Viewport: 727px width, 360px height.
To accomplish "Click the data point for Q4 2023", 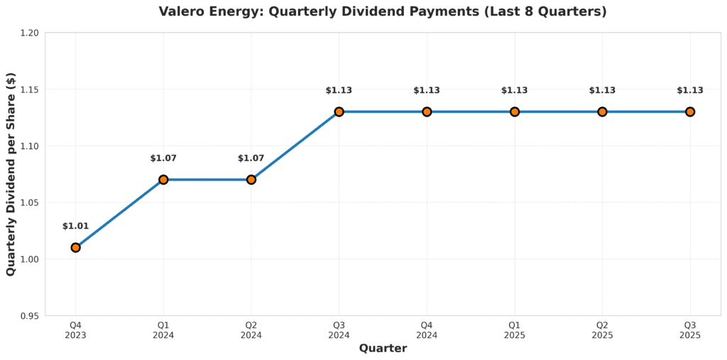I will tap(75, 247).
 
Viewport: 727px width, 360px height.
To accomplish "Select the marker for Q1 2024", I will tap(163, 180).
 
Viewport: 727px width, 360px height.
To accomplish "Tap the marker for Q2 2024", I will tap(251, 180).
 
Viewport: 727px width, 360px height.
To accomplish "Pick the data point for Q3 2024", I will tap(339, 111).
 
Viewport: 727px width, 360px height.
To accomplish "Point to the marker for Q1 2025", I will tap(515, 111).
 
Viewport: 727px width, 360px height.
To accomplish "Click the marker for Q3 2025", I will tap(690, 111).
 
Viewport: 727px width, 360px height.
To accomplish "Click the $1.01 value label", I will tap(75, 227).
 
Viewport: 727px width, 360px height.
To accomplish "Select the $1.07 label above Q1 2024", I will tap(163, 158).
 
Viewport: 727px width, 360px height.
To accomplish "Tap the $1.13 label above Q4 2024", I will tap(427, 90).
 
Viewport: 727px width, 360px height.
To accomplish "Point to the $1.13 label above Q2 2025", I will tap(602, 90).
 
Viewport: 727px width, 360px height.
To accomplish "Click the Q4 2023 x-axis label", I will tap(75, 330).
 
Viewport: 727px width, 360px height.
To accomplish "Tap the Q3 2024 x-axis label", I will tap(339, 330).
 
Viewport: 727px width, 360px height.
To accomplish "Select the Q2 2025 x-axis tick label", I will tap(602, 330).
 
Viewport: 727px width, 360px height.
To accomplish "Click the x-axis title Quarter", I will tap(383, 349).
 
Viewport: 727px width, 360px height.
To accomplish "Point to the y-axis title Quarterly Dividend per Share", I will tap(11, 174).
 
